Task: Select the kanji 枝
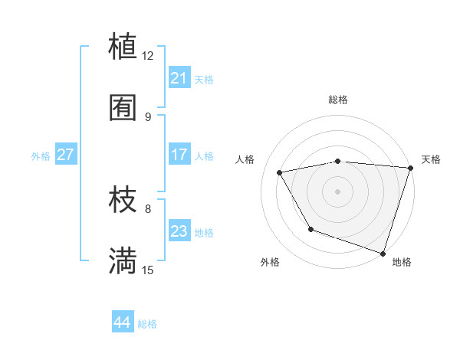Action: coord(123,200)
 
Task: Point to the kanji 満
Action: coord(123,260)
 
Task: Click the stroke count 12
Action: coord(148,56)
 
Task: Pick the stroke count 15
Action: coord(148,270)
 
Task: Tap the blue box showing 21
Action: coord(179,78)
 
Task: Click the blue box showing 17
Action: coord(179,155)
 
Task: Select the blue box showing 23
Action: coord(179,231)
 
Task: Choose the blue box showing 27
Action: coord(66,155)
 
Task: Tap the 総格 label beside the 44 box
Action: coord(147,324)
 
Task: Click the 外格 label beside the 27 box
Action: coord(41,156)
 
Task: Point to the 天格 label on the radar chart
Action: coord(431,159)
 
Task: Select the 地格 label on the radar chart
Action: coord(402,263)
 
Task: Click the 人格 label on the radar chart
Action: coord(245,159)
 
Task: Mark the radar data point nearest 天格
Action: coord(410,169)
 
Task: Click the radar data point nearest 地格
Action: coord(382,252)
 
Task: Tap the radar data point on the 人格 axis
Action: coord(280,173)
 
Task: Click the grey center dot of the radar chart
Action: coord(337,191)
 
